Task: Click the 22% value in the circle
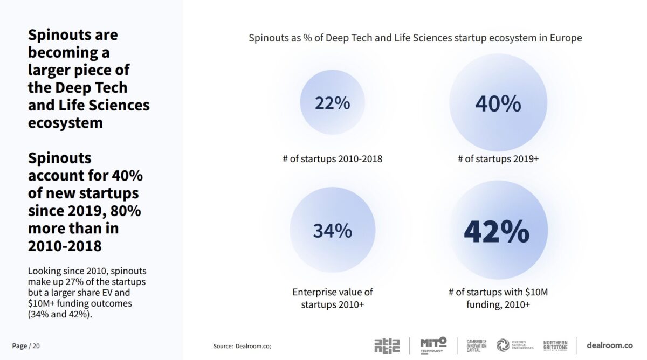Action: click(332, 103)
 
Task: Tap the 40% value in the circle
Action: click(498, 103)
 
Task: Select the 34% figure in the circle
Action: click(332, 231)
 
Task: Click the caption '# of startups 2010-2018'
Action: click(332, 159)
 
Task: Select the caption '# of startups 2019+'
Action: click(498, 159)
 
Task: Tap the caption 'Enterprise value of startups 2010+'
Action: click(332, 298)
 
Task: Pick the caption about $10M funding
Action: click(498, 298)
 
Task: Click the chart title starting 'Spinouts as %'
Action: click(415, 38)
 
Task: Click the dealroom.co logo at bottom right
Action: click(610, 345)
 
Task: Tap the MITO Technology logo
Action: click(433, 345)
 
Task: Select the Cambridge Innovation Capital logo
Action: click(477, 345)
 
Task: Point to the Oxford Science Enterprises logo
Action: click(515, 345)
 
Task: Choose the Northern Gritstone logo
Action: click(555, 345)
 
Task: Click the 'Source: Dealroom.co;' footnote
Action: click(242, 346)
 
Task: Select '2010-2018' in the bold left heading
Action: click(65, 246)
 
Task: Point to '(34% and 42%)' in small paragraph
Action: click(60, 314)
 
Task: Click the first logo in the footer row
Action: click(387, 345)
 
